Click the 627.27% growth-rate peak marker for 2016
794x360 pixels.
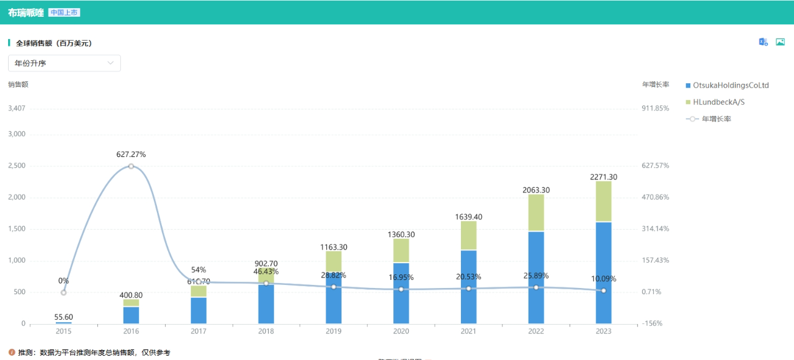131,166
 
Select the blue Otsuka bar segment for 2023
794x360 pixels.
603,273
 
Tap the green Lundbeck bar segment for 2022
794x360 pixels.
536,213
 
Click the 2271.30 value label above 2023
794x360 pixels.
603,177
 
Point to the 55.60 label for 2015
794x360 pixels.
63,317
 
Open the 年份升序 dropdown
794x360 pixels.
65,63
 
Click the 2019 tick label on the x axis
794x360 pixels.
333,331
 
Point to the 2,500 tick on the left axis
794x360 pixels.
17,166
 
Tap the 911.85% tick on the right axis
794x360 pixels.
656,108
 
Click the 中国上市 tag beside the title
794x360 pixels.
64,12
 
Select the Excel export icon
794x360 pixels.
764,42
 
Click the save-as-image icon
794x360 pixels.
780,42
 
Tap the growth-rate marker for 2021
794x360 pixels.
468,289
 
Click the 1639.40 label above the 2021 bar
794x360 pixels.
468,217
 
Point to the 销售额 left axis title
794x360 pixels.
18,84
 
